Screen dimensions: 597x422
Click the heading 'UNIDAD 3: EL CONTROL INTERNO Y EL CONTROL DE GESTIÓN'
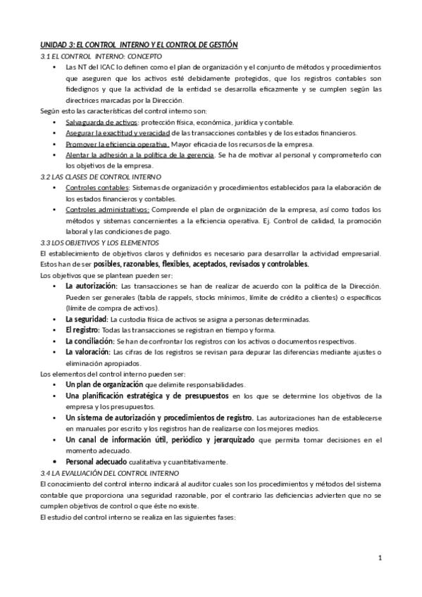[139, 44]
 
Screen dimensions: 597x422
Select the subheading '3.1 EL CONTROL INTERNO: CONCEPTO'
[101, 56]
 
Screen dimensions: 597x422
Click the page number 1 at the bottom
[380, 560]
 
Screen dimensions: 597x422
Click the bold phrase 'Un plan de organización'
[104, 384]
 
